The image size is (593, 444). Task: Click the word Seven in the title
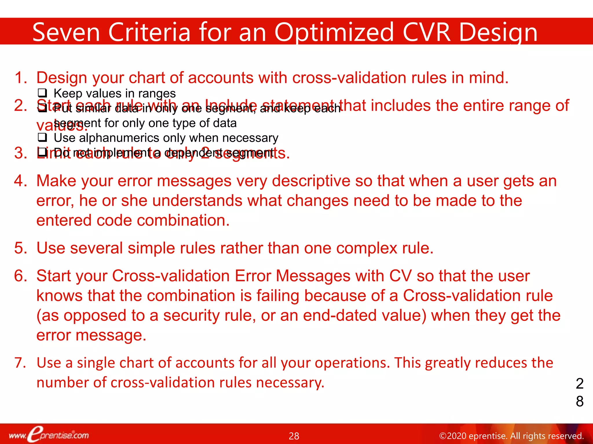(x=66, y=32)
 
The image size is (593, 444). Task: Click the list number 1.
(x=20, y=78)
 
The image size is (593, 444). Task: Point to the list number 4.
(x=20, y=181)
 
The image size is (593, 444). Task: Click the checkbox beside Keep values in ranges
(x=42, y=93)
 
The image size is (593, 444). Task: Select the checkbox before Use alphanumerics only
(x=42, y=138)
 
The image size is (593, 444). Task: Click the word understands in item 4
(x=197, y=201)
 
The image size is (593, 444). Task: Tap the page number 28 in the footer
(x=294, y=436)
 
